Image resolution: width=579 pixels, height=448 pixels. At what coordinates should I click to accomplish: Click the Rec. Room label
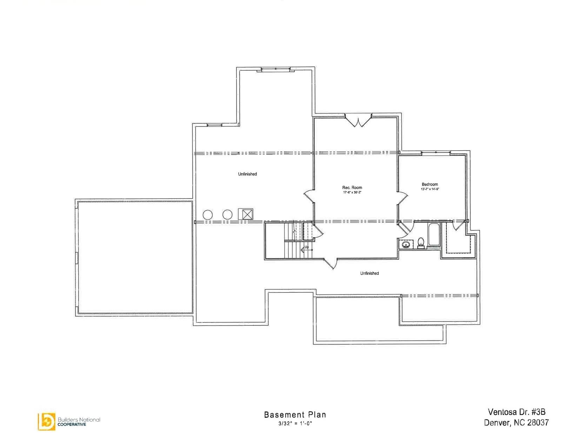pos(352,188)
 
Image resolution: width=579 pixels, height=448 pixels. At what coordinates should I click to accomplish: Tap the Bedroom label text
pos(430,184)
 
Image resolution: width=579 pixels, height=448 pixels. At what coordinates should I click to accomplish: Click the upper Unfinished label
pos(247,174)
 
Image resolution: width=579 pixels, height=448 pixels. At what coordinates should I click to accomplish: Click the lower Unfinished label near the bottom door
pos(370,273)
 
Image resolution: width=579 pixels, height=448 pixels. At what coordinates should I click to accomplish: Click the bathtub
pos(433,235)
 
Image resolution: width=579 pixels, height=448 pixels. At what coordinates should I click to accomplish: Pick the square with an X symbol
pos(246,214)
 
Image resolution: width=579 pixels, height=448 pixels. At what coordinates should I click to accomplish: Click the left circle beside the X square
pos(208,214)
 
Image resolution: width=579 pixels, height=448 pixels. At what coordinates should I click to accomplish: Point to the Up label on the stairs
pos(306,247)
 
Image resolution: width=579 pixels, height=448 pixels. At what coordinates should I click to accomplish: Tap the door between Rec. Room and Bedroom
pos(402,198)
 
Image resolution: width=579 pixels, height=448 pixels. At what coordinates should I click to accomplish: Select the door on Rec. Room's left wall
pos(309,197)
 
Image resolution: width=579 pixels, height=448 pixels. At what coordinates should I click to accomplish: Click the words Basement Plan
pos(295,415)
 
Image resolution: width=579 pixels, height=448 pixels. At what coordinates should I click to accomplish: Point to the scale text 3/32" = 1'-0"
pos(295,423)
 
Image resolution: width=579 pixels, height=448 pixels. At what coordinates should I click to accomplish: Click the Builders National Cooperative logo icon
pos(46,421)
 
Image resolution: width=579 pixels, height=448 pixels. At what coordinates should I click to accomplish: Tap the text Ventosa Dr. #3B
pos(517,412)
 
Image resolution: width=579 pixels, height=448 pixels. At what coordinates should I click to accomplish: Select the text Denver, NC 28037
pos(516,422)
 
